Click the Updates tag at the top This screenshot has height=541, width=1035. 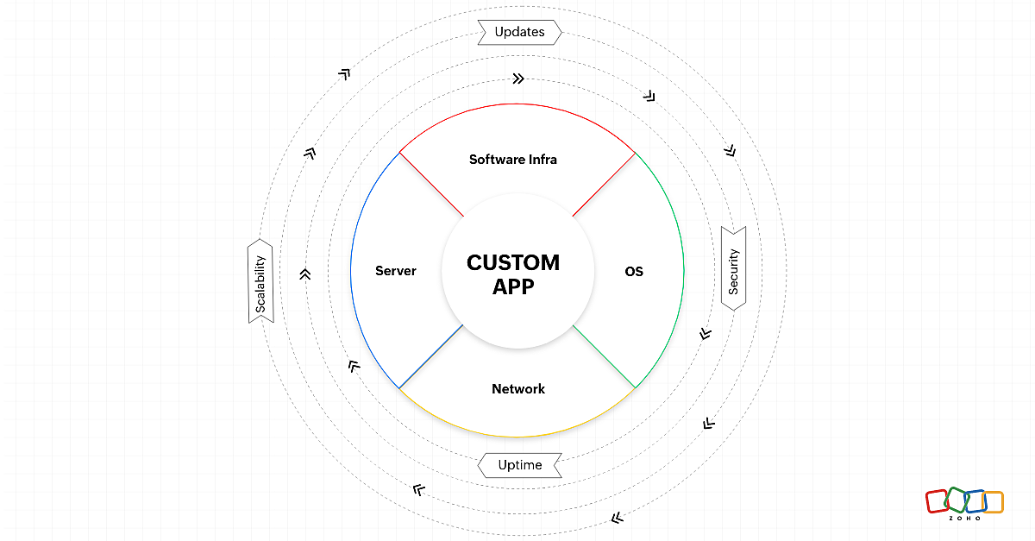[x=519, y=33]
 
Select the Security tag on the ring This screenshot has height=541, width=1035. [x=733, y=267]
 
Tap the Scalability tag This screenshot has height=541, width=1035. [x=260, y=282]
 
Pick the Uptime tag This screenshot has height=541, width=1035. [x=519, y=465]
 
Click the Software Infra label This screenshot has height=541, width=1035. [x=512, y=160]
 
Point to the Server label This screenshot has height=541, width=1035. [x=396, y=271]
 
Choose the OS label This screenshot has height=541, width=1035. [x=634, y=271]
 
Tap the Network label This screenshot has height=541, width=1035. [x=518, y=389]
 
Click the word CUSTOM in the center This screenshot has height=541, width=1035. [x=513, y=262]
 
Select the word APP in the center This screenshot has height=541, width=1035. [x=513, y=287]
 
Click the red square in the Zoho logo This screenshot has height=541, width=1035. [x=937, y=501]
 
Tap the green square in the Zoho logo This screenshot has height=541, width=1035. [x=957, y=500]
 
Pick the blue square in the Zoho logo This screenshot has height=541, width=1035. [x=975, y=501]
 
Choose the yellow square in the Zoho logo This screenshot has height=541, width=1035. [x=993, y=502]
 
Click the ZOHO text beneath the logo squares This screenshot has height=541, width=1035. [x=964, y=519]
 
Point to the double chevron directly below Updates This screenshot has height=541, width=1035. [x=517, y=79]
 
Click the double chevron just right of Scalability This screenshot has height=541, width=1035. [x=304, y=274]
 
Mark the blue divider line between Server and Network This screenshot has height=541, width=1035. [x=431, y=356]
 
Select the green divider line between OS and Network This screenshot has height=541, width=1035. [x=604, y=356]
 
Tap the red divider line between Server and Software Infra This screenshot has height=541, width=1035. [x=431, y=185]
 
